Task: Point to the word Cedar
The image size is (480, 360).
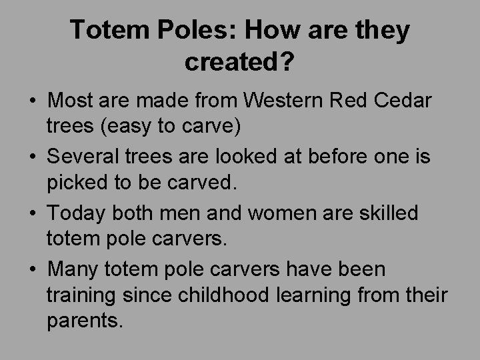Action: point(402,101)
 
